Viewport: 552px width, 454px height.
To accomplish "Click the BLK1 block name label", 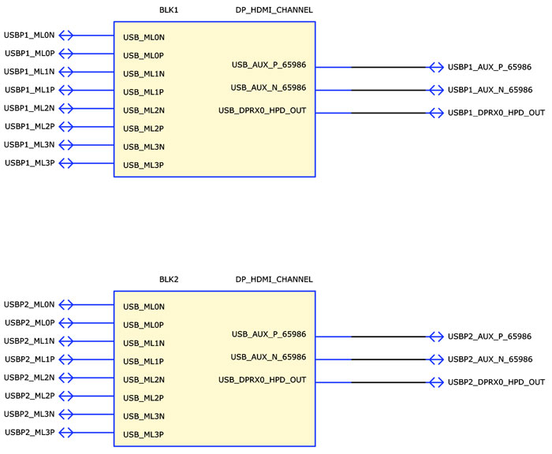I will click(x=169, y=10).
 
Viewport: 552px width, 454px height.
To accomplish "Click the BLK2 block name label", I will click(x=169, y=279).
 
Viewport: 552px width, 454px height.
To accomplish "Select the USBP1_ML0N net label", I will click(x=29, y=35).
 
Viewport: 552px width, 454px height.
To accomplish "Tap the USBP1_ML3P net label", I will click(x=29, y=163).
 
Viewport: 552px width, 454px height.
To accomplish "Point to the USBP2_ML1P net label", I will click(x=29, y=359).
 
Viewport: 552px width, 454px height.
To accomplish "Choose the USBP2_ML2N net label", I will click(x=29, y=378).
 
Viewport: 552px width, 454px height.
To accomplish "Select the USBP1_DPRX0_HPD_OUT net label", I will click(x=496, y=113).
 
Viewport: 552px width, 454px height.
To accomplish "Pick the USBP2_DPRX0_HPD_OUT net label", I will click(x=496, y=382).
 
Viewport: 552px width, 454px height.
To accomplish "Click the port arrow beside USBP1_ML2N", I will click(x=67, y=108).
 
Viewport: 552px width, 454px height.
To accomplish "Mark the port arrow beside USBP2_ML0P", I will click(x=67, y=323).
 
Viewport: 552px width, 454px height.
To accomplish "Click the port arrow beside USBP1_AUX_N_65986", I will click(x=436, y=90).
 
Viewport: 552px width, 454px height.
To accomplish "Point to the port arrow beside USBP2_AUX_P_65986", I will click(x=436, y=337).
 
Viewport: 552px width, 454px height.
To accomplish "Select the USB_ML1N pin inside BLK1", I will click(x=144, y=73).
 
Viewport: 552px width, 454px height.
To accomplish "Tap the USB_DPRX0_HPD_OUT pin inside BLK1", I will click(x=262, y=111).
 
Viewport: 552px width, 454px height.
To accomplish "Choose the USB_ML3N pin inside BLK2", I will click(x=144, y=415).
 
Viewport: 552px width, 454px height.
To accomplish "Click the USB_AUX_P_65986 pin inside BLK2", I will click(x=268, y=334).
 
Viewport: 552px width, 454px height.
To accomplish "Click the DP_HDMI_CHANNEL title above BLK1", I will click(x=274, y=10).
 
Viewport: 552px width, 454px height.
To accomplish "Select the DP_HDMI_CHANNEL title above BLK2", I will click(x=274, y=279).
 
